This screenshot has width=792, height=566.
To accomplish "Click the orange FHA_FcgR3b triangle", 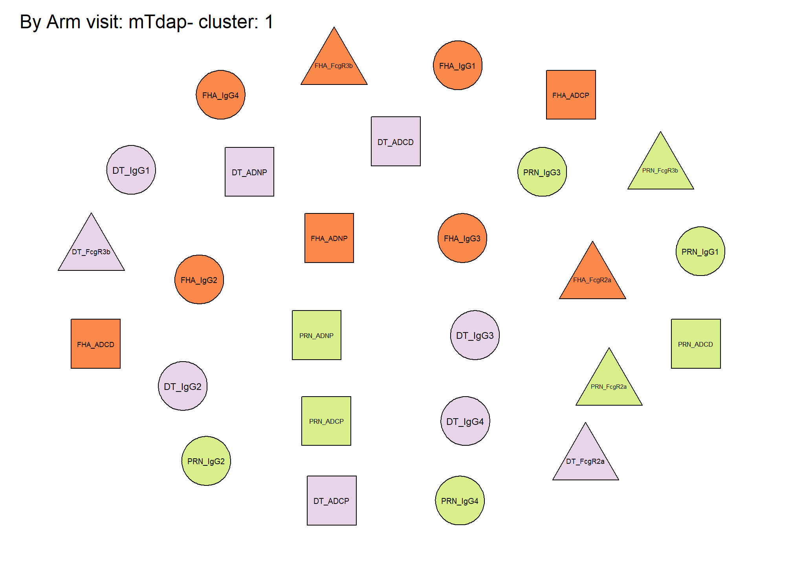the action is pos(334,63).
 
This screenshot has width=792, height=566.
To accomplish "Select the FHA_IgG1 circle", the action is pos(458,65).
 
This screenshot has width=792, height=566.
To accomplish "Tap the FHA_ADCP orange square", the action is pos(571,95).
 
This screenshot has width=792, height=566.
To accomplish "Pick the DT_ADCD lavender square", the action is pos(396,141).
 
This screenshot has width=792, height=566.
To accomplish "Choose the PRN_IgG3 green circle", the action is pos(542,172).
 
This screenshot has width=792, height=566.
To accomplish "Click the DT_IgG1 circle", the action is pos(131,170).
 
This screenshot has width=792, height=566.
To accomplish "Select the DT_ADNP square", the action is pos(249,172).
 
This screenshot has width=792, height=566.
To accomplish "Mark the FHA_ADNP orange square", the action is pos(329,238).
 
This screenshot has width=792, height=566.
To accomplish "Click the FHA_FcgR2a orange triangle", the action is pos(592,277).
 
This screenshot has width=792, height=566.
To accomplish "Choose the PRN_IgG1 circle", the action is pos(700,251).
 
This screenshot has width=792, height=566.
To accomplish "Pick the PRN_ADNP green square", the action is pos(317,335).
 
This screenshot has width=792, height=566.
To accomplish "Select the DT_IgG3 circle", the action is pos(475,335).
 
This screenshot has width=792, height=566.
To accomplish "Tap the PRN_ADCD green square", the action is pos(696,344).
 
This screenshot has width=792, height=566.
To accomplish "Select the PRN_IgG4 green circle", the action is pos(460,500).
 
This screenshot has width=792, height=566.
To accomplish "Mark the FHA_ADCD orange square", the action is pos(95,344).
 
